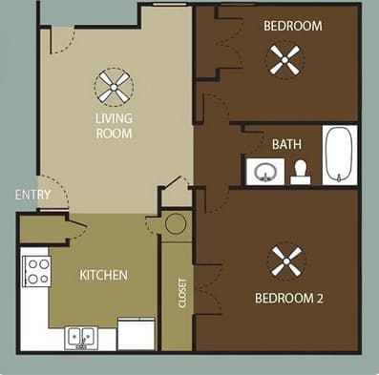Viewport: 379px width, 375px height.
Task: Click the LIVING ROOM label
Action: pyautogui.click(x=114, y=126)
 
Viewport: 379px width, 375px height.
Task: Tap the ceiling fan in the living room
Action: pyautogui.click(x=114, y=88)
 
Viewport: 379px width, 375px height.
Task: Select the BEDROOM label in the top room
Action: pyautogui.click(x=293, y=26)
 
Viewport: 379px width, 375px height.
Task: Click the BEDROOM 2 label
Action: pyautogui.click(x=289, y=298)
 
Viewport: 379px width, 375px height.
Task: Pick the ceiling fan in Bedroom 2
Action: pyautogui.click(x=286, y=260)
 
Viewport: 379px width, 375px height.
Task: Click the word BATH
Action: pyautogui.click(x=286, y=144)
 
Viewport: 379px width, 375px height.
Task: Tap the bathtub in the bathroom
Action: pyautogui.click(x=339, y=155)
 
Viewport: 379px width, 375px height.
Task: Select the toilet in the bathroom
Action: pyautogui.click(x=301, y=171)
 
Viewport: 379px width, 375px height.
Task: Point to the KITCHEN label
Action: pyautogui.click(x=103, y=275)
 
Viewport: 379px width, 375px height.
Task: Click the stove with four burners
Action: pyautogui.click(x=36, y=271)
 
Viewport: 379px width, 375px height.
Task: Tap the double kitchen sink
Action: pyautogui.click(x=80, y=336)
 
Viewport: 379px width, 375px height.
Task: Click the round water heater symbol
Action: pyautogui.click(x=176, y=224)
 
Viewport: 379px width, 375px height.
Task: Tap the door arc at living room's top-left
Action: pyautogui.click(x=62, y=40)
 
